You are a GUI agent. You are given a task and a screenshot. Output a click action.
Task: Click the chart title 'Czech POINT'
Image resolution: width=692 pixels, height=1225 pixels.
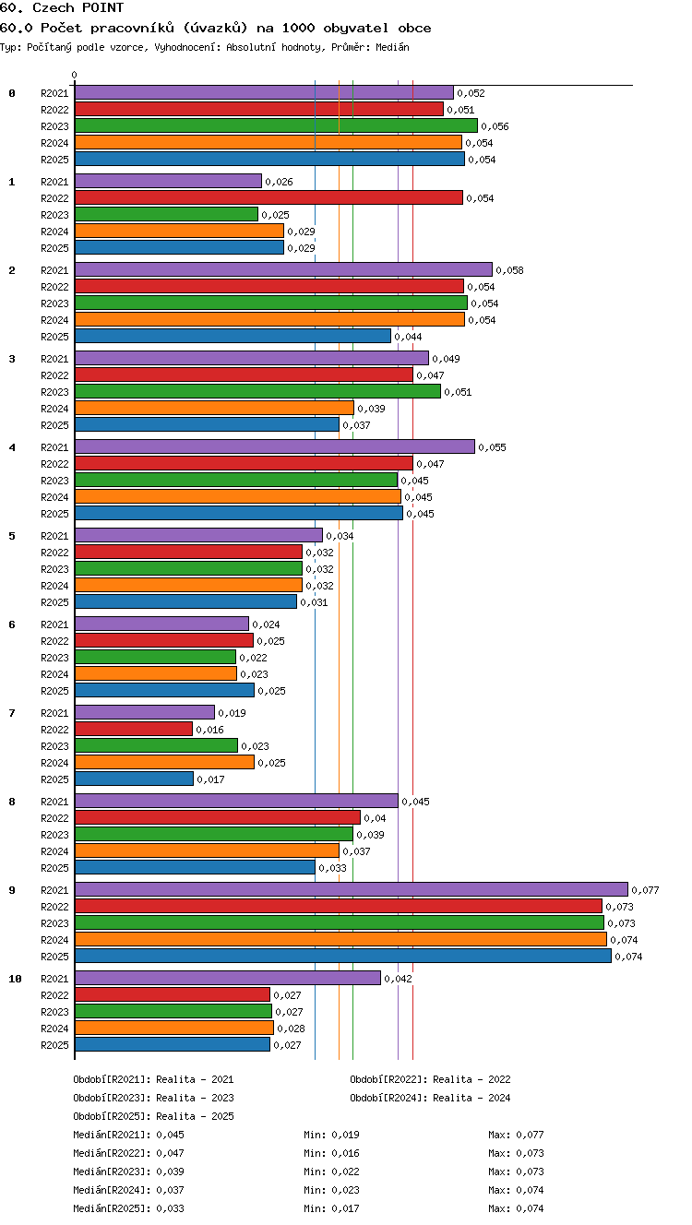click(x=78, y=7)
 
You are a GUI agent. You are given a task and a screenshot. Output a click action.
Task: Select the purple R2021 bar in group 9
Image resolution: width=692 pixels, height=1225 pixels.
click(x=352, y=888)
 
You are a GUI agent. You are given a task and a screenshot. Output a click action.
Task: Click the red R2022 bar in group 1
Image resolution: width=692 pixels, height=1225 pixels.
click(x=268, y=197)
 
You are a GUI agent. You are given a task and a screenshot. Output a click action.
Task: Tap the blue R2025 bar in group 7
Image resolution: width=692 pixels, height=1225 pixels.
click(x=134, y=779)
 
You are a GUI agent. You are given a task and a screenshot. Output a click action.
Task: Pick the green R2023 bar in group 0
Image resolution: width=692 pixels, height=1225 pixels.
click(x=276, y=125)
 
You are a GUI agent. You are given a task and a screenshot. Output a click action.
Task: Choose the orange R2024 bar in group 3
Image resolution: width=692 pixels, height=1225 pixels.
click(x=214, y=408)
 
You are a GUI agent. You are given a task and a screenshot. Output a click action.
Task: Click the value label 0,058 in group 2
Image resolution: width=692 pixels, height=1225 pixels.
click(x=509, y=270)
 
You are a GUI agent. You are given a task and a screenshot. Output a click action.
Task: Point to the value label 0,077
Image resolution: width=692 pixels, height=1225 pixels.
click(x=645, y=890)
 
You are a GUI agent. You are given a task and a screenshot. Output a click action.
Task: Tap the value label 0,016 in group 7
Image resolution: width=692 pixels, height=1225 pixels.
click(x=209, y=730)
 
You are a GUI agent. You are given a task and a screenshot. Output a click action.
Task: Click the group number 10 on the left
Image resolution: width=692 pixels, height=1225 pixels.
click(x=15, y=979)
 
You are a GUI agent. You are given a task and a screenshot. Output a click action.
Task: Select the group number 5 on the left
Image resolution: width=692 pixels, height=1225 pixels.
click(x=12, y=536)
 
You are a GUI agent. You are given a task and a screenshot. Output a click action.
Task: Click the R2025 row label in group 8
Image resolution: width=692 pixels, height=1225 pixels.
click(x=54, y=868)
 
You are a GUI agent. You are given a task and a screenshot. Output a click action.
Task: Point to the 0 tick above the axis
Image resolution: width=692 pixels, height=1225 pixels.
click(x=75, y=75)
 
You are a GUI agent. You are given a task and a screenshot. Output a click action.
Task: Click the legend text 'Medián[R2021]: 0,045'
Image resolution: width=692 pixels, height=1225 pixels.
click(x=128, y=1135)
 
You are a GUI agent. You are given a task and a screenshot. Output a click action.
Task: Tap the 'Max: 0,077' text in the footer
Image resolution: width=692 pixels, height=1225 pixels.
click(x=516, y=1135)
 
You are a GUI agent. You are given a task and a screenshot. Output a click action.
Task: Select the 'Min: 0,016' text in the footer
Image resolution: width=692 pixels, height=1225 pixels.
click(x=331, y=1153)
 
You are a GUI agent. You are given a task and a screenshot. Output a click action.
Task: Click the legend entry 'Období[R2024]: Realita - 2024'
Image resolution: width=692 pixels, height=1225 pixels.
click(x=430, y=1098)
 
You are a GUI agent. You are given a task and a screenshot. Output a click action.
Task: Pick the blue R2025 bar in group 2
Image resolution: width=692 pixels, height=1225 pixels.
click(x=233, y=335)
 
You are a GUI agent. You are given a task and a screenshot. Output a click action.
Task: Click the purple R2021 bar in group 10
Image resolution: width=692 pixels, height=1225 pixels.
click(x=228, y=977)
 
